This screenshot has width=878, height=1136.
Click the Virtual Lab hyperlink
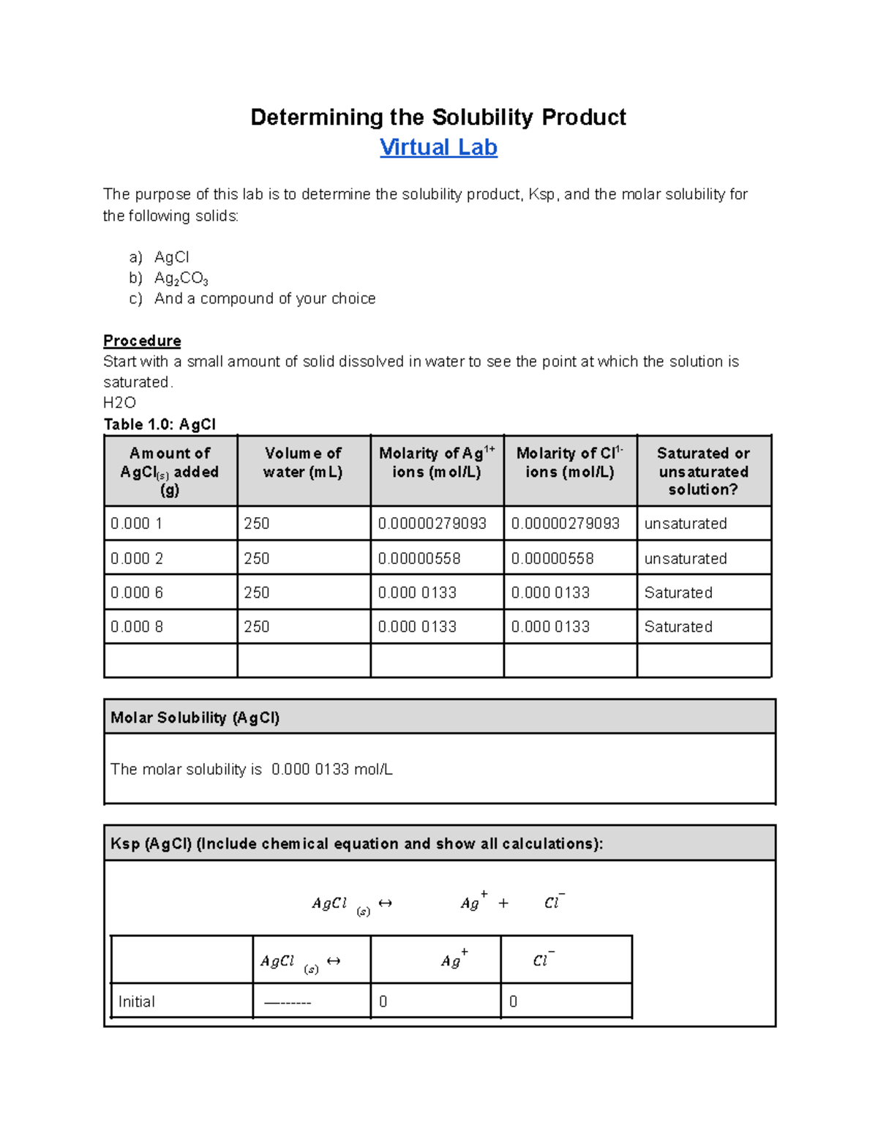pos(438,148)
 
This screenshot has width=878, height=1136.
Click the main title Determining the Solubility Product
pos(438,117)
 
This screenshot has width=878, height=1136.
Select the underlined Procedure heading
pos(142,341)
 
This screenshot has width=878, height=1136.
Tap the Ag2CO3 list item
pos(181,278)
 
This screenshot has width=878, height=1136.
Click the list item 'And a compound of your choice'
pos(264,298)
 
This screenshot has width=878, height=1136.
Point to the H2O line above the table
pos(119,402)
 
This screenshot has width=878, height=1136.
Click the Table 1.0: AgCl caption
pos(160,424)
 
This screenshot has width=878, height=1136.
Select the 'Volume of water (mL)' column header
pos(303,462)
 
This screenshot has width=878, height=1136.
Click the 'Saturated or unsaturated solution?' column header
pos(703,471)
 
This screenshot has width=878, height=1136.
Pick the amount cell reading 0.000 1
pos(137,524)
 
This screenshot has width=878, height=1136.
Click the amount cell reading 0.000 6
pos(137,593)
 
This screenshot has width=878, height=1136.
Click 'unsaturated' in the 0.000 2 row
pos(686,559)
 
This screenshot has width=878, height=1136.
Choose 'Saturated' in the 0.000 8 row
pos(678,627)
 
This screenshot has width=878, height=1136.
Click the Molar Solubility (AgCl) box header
pos(195,718)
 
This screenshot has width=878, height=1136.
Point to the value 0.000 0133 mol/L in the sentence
pos(331,770)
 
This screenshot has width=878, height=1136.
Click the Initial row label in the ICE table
pos(137,1001)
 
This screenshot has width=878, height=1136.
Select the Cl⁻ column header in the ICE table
pos(543,960)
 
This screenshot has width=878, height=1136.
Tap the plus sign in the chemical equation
pos(503,903)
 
